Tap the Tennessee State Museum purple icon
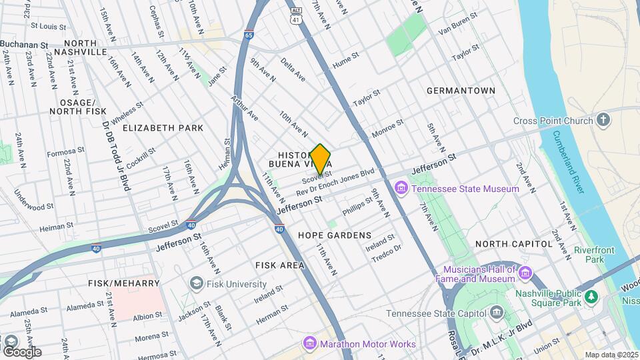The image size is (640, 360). (401, 189)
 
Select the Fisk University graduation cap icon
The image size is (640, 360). (196, 283)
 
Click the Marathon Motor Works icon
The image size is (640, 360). (309, 344)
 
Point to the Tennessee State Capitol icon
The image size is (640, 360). (497, 313)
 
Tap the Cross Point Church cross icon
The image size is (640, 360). (603, 121)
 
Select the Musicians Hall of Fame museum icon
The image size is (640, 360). (525, 273)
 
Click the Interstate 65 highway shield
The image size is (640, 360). (248, 35)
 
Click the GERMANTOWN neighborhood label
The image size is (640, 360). (461, 91)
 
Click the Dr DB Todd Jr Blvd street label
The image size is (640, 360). (115, 154)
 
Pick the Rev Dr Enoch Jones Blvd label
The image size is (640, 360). (335, 183)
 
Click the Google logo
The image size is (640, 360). (21, 351)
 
